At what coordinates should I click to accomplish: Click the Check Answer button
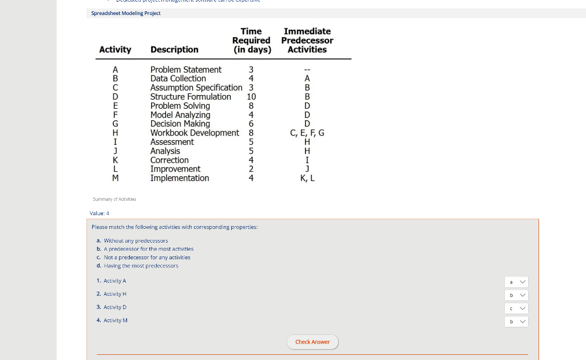coord(312,342)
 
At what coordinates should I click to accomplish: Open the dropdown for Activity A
coord(516,282)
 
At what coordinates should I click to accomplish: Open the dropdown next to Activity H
coord(516,295)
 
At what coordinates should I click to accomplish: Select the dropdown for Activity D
coord(516,308)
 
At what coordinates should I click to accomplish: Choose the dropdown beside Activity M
coord(516,321)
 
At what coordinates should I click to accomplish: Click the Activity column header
coord(115,50)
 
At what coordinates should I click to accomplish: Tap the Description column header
coord(174,50)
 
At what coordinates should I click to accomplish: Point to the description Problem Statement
coord(185,70)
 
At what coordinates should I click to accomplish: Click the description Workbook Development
coord(195,133)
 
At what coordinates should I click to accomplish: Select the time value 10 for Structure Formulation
coord(251,97)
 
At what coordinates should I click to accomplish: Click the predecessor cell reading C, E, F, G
coord(307,133)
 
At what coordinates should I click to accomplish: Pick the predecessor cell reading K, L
coord(307,178)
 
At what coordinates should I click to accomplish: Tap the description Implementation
coord(180,178)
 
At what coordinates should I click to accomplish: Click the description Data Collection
coord(178,78)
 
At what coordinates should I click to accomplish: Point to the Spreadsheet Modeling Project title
coord(126,13)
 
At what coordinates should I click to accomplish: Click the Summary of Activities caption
coord(114,199)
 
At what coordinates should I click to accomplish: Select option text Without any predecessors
coord(136,241)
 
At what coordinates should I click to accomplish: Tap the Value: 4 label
coord(100,213)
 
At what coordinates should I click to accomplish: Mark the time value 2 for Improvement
coord(251,169)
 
